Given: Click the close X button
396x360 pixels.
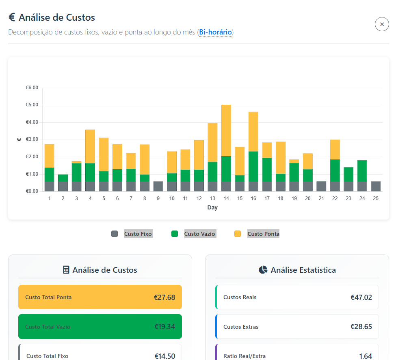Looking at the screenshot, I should (382, 24).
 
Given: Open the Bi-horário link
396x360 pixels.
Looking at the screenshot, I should (215, 32).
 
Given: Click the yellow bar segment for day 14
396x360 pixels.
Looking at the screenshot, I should (226, 130).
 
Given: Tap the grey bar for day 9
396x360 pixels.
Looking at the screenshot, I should (158, 186).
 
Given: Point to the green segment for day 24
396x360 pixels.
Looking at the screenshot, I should (362, 171).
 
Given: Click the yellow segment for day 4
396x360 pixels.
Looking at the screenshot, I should (90, 147).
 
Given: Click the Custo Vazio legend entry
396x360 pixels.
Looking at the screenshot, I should (194, 234).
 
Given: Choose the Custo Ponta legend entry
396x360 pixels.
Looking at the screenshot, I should (257, 234).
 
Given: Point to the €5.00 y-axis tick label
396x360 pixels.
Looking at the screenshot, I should (32, 105).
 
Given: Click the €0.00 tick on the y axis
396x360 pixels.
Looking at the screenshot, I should (32, 191).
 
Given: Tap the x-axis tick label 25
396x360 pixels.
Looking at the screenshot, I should (376, 198).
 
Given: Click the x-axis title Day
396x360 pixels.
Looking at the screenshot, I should (212, 207).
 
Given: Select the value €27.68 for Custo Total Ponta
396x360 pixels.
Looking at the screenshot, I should (164, 297).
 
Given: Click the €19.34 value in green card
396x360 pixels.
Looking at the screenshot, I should (164, 327).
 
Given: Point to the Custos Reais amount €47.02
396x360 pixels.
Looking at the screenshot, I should (361, 297).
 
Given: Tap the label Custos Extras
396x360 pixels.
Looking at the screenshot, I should (241, 327).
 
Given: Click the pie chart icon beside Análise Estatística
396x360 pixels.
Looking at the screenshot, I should (263, 270).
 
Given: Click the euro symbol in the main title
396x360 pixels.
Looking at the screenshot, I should (12, 17).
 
